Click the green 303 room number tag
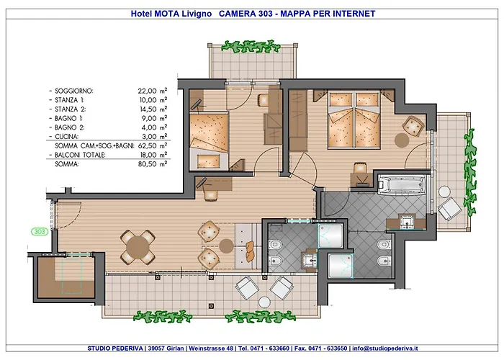pyautogui.click(x=40, y=231)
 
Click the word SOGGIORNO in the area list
pyautogui.click(x=74, y=91)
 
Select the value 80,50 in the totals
pyautogui.click(x=147, y=164)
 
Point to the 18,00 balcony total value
pyautogui.click(x=148, y=155)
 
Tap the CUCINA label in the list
pyautogui.click(x=66, y=137)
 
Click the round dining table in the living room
pyautogui.click(x=138, y=247)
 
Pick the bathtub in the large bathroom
pyautogui.click(x=402, y=184)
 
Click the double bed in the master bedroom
pyautogui.click(x=354, y=120)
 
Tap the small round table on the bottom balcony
pyautogui.click(x=264, y=302)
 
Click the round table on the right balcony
pyautogui.click(x=444, y=192)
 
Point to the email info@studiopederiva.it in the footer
pyautogui.click(x=385, y=348)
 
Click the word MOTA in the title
pyautogui.click(x=167, y=14)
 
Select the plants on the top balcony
pyautogui.click(x=251, y=47)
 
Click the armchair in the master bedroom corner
pyautogui.click(x=413, y=126)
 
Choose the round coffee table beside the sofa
pyautogui.click(x=226, y=246)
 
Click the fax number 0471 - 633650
pyautogui.click(x=328, y=348)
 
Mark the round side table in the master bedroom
pyautogui.click(x=402, y=140)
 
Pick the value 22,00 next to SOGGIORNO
pyautogui.click(x=147, y=91)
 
